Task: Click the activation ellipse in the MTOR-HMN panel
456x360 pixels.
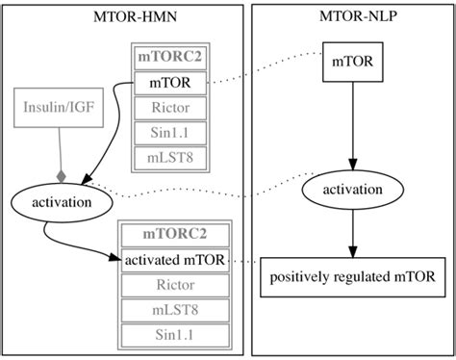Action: point(56,203)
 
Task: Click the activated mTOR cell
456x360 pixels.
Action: point(174,260)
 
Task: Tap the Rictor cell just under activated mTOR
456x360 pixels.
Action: point(174,285)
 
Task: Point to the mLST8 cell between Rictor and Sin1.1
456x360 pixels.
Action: point(174,310)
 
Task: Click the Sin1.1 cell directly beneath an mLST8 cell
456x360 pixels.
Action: point(174,335)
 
